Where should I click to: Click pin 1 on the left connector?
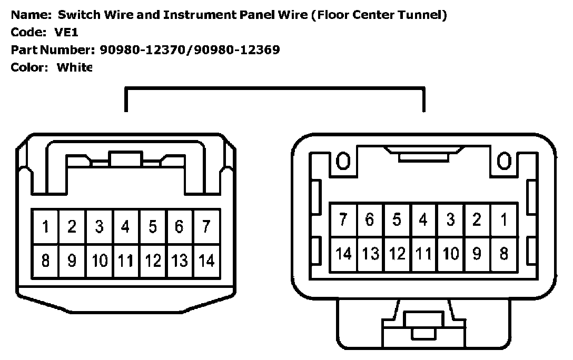[x=45, y=227]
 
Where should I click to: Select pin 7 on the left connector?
[x=207, y=227]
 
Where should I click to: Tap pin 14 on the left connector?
[x=207, y=261]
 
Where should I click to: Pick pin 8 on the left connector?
[x=45, y=261]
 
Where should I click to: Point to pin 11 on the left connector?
[x=125, y=261]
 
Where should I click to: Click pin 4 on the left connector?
[x=125, y=227]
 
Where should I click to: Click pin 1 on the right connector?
[x=503, y=219]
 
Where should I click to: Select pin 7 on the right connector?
[x=343, y=219]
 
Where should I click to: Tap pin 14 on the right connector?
[x=343, y=254]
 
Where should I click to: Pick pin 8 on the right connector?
[x=503, y=254]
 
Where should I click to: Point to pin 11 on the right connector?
[x=423, y=254]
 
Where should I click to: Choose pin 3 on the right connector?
[x=450, y=219]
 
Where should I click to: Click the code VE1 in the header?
[x=67, y=33]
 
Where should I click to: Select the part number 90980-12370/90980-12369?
[x=190, y=50]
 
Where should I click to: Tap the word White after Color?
[x=74, y=67]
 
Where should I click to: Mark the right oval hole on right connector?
[x=504, y=162]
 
